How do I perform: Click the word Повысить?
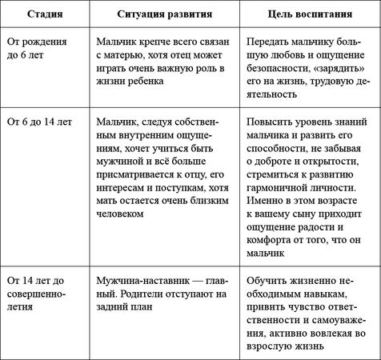[x=270, y=124]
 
